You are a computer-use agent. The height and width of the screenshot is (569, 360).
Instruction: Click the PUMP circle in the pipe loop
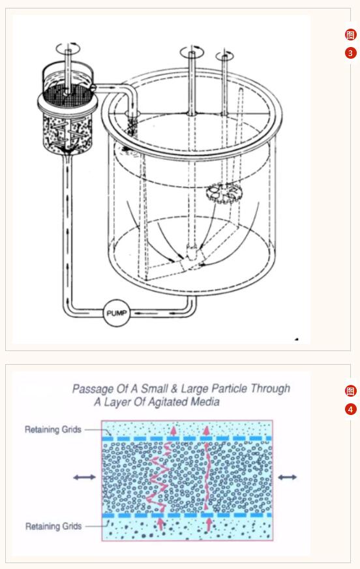coord(116,313)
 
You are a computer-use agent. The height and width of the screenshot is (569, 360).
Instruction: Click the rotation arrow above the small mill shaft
coord(68,48)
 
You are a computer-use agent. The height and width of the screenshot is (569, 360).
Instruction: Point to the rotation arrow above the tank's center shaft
coord(192,52)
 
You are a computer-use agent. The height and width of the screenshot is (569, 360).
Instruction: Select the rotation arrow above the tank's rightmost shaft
coord(224,56)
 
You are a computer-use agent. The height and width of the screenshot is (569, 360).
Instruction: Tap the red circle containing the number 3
coord(350,53)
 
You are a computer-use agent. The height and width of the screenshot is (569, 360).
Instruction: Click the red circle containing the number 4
coord(350,409)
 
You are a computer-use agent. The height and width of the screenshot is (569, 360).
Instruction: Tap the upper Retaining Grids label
coord(53,429)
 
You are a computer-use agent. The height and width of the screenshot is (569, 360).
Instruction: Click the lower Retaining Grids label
coord(53,526)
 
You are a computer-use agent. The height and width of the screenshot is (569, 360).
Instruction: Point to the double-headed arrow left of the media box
coord(85,477)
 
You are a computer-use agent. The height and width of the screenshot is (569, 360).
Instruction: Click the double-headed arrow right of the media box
coord(288,477)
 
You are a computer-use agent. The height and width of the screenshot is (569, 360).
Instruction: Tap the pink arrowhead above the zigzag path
coord(173,431)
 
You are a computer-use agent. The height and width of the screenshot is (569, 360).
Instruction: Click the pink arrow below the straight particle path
coord(209,524)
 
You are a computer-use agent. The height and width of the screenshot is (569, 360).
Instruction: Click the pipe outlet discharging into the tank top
coord(132,115)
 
